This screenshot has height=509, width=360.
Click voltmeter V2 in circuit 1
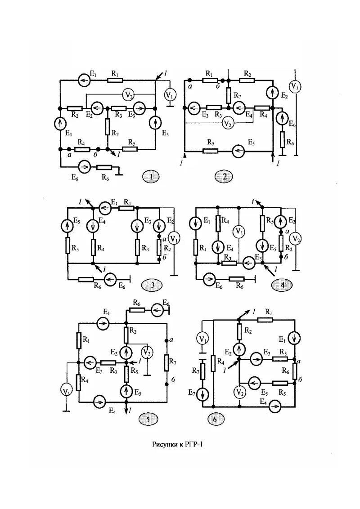[128, 94]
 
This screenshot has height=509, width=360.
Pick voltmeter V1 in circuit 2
[295, 86]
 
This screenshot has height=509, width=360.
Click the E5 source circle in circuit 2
[238, 152]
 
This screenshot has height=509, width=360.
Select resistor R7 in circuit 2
[228, 94]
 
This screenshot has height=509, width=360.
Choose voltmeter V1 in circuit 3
[174, 237]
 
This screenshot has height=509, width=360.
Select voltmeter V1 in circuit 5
[67, 391]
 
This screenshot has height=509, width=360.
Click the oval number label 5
[148, 420]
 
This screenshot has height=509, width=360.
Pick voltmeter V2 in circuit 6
[239, 392]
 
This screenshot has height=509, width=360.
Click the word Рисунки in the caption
[164, 445]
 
